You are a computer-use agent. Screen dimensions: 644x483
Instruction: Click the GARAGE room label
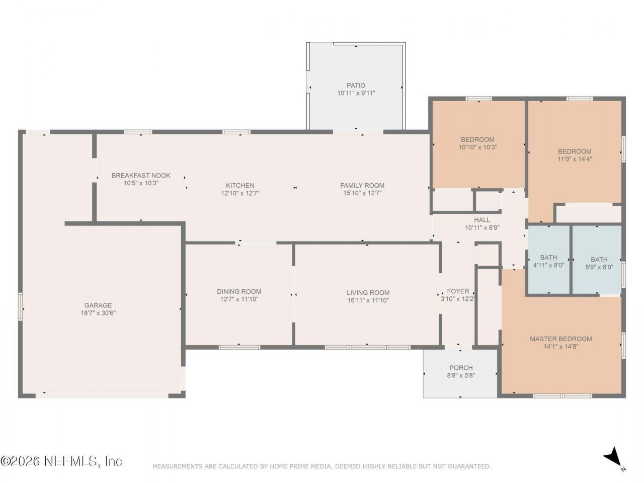[98, 305]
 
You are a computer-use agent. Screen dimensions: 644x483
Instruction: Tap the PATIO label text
[356, 86]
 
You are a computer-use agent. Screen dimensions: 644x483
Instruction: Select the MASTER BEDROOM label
[560, 339]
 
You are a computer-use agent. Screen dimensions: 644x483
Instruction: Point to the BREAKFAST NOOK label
[141, 176]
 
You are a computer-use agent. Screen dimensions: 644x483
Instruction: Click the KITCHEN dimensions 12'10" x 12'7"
[240, 193]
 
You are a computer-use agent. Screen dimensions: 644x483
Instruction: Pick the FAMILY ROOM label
[362, 185]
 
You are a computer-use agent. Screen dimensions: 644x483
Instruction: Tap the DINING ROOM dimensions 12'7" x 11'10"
[239, 299]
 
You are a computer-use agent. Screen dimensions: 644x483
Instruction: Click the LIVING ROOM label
[368, 292]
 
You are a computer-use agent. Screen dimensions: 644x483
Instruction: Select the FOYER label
[458, 291]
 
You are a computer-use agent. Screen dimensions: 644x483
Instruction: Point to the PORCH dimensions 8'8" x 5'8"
[461, 375]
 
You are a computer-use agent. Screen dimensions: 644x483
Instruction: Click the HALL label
[482, 220]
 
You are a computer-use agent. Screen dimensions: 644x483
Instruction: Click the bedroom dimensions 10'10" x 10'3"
[477, 147]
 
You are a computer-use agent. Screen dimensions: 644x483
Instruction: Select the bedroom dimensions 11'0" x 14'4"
[575, 159]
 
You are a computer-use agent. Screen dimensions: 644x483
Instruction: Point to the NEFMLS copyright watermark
[61, 461]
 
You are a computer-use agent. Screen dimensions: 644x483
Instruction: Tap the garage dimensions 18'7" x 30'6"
[98, 313]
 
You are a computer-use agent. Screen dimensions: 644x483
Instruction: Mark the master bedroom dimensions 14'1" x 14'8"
[561, 346]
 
